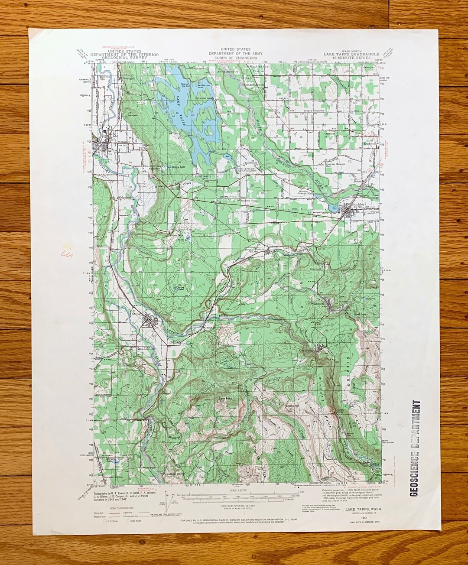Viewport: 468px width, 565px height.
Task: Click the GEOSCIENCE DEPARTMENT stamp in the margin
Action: (x=415, y=448)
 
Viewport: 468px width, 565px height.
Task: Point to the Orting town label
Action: (x=136, y=315)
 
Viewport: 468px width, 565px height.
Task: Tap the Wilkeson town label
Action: (x=317, y=304)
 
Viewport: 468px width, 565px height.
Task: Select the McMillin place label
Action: (x=104, y=246)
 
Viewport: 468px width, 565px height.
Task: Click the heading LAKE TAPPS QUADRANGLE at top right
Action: (x=351, y=54)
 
